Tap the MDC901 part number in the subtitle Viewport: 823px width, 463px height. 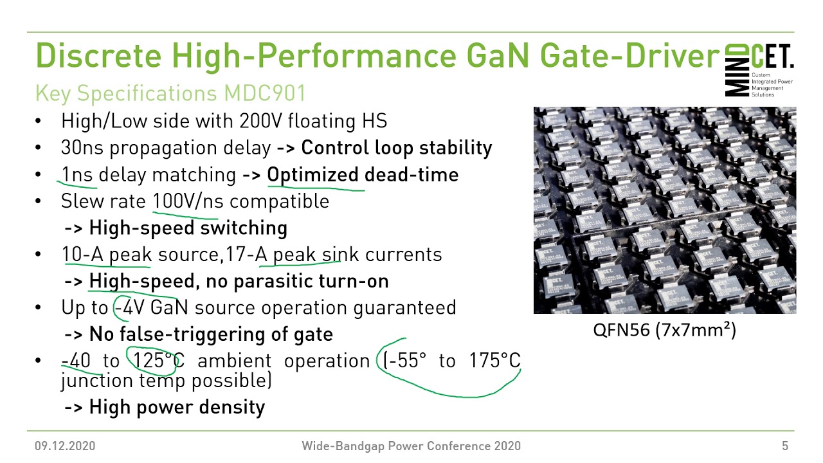[x=264, y=94]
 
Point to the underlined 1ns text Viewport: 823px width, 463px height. [x=77, y=175]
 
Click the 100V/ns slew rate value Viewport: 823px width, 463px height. [x=188, y=201]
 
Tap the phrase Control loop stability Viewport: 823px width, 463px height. [x=396, y=148]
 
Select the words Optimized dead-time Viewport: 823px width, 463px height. [x=363, y=175]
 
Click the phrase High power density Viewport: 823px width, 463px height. [x=177, y=407]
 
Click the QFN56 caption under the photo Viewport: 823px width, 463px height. [x=664, y=331]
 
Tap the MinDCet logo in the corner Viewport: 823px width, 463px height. [x=759, y=70]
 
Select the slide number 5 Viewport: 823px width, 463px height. [x=785, y=446]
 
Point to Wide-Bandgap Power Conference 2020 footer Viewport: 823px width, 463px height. [x=411, y=446]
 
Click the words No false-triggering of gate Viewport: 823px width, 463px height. [x=211, y=334]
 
